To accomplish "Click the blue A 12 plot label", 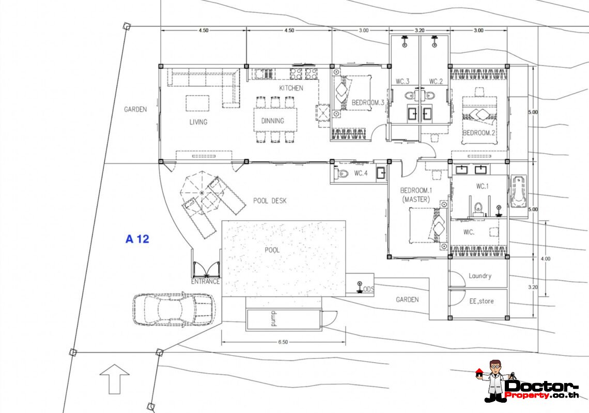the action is pos(137,239).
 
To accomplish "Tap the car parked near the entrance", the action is pos(174,309).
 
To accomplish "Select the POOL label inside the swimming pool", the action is pos(272,250).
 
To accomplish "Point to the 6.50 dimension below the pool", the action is pos(283,342).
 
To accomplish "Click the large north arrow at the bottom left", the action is pos(115,379).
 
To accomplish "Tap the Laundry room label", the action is pos(479,276).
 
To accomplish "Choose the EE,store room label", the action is pos(482,301).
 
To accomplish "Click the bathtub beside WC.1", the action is pos(518,191).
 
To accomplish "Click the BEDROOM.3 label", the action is pos(368,102).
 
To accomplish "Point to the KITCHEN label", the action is pos(291,88).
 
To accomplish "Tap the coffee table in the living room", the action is pos(197,103).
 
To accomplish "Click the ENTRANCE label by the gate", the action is pos(205,282).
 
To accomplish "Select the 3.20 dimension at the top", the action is pos(420,30).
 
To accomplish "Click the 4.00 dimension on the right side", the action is pos(546,258).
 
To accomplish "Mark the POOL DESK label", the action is pos(270,201).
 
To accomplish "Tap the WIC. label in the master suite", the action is pos(469,232).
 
